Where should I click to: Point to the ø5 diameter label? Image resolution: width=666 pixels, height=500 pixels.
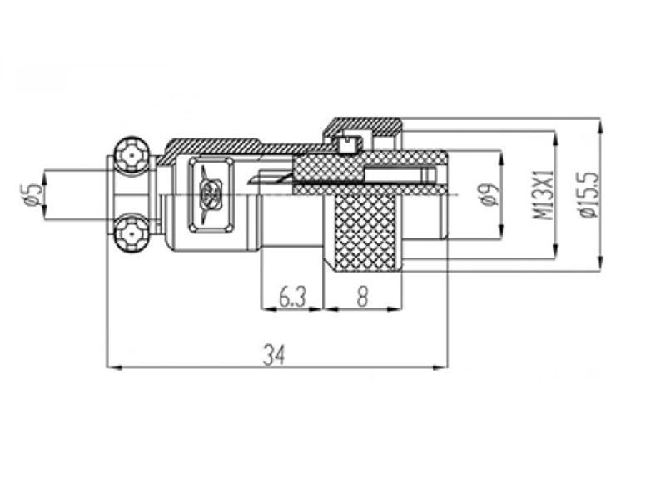point(32,194)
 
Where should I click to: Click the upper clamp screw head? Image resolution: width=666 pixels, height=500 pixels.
point(131,156)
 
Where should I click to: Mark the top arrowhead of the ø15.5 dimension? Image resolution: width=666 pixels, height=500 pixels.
point(599,123)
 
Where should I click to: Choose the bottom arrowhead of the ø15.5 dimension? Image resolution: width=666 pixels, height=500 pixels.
point(599,267)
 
